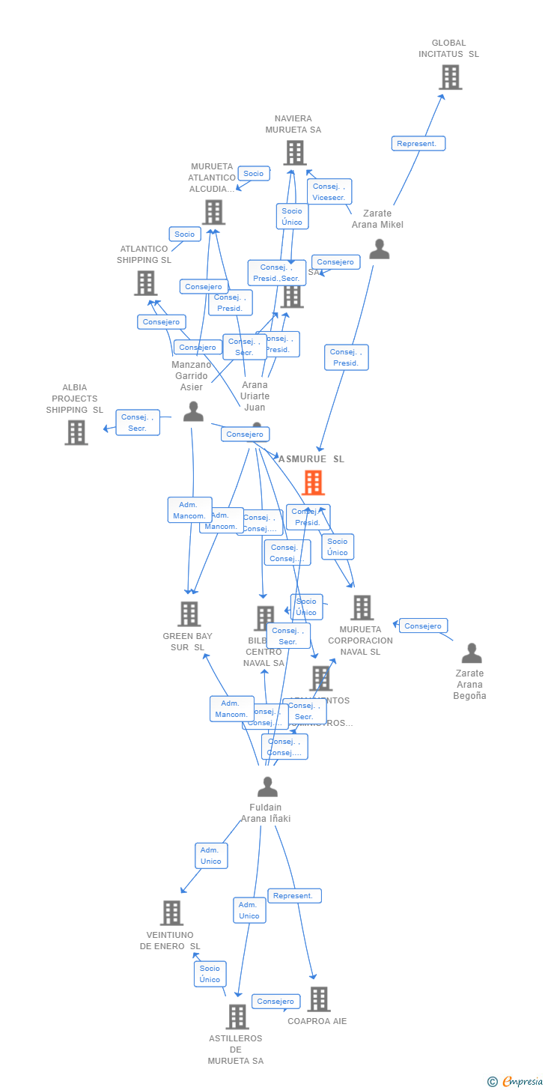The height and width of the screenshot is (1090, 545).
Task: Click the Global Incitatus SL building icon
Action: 450,77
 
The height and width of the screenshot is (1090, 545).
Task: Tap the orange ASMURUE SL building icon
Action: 313,482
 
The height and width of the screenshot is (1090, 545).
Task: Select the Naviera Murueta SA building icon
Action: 295,153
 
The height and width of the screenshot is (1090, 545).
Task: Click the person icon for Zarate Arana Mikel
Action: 380,249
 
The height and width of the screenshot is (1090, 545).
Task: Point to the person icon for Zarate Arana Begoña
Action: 472,653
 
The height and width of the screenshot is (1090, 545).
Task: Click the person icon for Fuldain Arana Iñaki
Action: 267,787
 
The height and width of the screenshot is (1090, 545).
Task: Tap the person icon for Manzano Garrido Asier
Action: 193,411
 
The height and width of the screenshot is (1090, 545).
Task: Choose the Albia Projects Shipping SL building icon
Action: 76,432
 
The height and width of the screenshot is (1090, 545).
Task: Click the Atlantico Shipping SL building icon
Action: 145,283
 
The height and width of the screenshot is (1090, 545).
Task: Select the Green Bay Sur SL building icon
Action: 189,614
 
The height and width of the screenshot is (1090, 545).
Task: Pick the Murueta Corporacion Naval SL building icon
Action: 362,608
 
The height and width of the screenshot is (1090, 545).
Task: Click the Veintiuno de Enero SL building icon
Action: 171,912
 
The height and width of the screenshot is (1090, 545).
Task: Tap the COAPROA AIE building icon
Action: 319,999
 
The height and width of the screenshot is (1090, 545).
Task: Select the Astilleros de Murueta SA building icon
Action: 237,1017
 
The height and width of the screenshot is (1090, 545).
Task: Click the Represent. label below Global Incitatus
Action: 418,143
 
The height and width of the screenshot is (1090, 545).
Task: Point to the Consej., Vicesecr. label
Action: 329,192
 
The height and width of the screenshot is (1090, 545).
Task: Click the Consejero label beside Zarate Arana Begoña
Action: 423,626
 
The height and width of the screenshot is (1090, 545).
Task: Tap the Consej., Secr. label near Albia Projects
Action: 138,423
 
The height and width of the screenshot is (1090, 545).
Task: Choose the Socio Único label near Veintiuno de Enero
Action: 210,974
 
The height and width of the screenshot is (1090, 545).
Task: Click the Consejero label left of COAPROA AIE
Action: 275,1002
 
